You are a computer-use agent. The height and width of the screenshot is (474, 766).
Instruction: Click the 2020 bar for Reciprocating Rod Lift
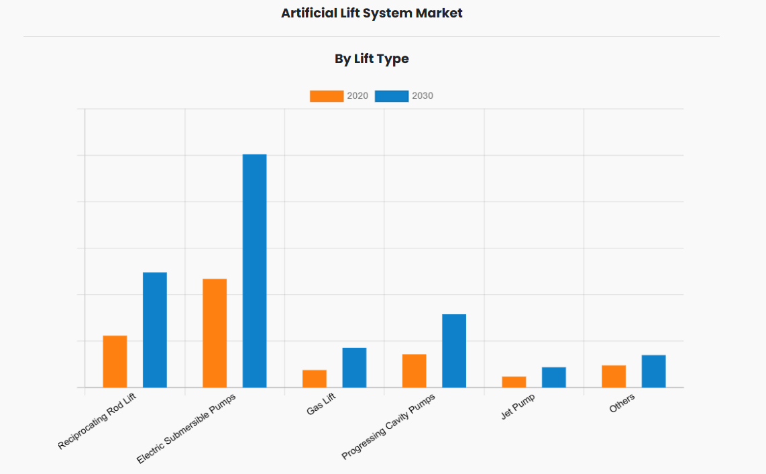tap(115, 361)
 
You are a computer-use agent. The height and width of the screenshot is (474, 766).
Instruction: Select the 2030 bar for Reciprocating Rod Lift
tap(155, 330)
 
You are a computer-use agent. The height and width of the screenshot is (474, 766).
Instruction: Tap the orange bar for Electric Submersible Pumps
tap(215, 333)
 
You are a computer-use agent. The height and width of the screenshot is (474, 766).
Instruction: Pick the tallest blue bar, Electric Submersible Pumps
tap(254, 271)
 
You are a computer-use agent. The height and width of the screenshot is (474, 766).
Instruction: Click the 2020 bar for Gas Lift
tap(315, 379)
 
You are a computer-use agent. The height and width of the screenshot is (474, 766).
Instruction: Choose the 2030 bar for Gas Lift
tap(354, 367)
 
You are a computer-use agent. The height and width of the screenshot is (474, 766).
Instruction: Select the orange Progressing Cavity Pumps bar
tap(414, 371)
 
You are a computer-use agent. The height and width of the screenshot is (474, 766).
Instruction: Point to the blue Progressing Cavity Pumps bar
tap(454, 350)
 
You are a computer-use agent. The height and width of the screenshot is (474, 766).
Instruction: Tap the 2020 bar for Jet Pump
tap(514, 382)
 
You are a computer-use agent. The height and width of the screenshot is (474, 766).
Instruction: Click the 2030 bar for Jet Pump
tap(554, 377)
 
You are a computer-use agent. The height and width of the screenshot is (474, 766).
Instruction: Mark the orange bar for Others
tap(614, 376)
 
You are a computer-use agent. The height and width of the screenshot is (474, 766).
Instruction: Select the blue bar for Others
tap(653, 371)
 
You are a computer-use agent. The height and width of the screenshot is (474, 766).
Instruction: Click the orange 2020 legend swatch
tap(326, 96)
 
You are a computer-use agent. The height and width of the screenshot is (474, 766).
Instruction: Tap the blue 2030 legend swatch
tap(392, 96)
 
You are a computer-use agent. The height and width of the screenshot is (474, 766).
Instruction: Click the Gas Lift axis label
tap(321, 404)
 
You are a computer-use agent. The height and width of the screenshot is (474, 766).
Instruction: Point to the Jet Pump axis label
tap(518, 407)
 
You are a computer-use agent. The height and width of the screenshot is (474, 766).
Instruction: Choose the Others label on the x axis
tap(622, 404)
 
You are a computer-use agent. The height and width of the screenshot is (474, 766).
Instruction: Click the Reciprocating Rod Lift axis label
tap(98, 422)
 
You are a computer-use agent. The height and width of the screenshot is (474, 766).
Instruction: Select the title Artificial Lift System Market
tap(372, 13)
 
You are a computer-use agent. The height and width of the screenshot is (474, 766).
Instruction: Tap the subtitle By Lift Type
tap(372, 59)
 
